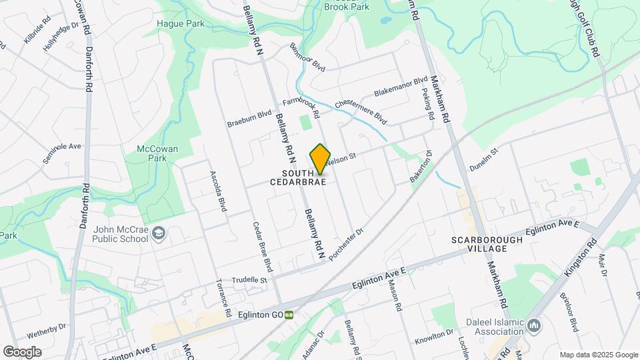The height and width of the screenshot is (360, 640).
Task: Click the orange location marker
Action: [320, 159]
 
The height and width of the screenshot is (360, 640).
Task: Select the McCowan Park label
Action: [157, 153]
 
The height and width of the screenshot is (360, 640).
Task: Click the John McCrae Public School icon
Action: [159, 233]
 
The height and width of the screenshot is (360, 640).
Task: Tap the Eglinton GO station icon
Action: [289, 315]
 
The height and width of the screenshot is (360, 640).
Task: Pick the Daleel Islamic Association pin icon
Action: [533, 325]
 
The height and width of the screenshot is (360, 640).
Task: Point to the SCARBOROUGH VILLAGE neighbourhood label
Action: [479, 244]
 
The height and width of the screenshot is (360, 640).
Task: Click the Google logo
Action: [22, 351]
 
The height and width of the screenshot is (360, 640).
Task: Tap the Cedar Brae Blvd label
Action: [261, 246]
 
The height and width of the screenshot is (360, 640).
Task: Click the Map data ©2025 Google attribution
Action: [598, 355]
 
